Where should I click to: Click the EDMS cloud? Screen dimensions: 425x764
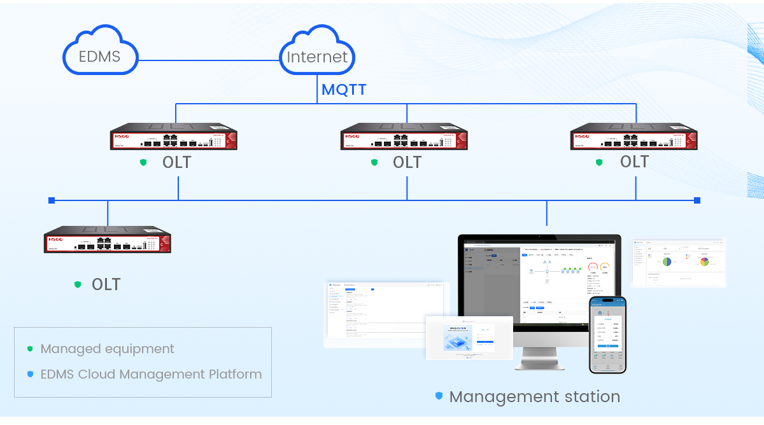[x=100, y=56]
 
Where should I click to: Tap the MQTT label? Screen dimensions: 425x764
[x=344, y=90]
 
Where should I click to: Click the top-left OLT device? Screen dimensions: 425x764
[x=174, y=137]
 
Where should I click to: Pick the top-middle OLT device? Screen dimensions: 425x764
[x=404, y=137]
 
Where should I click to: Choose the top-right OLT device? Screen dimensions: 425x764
[x=634, y=137]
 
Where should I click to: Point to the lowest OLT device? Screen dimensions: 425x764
[x=108, y=240]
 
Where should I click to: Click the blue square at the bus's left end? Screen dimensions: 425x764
[x=52, y=200]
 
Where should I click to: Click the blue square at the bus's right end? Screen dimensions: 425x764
[x=697, y=200]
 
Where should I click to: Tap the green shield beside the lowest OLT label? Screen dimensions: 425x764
[x=78, y=284]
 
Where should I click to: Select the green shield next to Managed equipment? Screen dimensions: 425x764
[x=30, y=349]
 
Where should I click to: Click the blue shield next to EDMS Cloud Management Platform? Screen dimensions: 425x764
[x=30, y=374]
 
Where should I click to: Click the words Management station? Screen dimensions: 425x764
[x=534, y=396]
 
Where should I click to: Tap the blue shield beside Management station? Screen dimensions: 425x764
[x=439, y=396]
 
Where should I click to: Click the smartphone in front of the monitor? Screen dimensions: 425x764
[x=607, y=334]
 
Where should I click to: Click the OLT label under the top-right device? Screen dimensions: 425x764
[x=634, y=162]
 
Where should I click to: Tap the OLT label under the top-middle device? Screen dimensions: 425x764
[x=407, y=162]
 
